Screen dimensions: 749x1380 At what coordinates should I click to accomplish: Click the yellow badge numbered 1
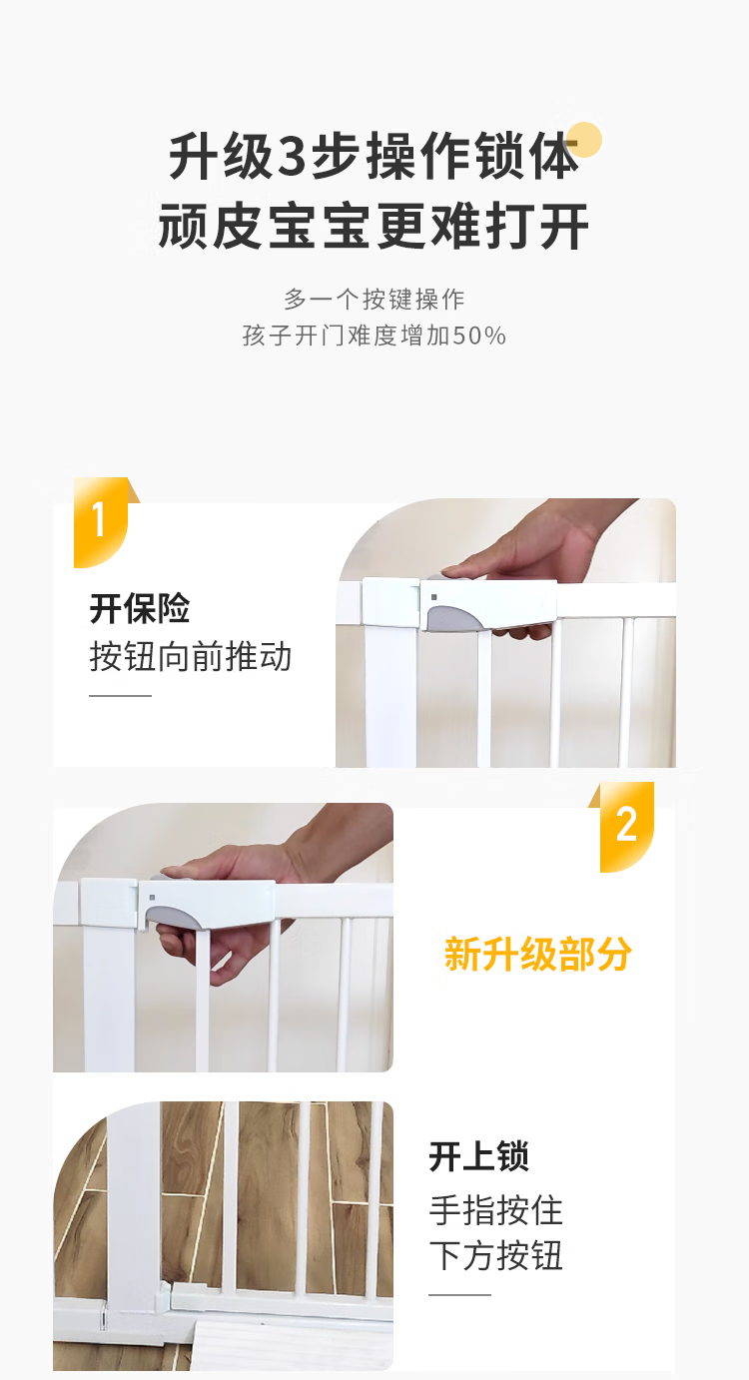tap(101, 521)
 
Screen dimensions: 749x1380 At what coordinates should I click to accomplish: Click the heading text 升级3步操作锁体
tap(374, 156)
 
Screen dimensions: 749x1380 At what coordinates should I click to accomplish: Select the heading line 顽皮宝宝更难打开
tap(374, 226)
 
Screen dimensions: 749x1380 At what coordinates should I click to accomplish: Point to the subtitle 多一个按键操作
tap(374, 300)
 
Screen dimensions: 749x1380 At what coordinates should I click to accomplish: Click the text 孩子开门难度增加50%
tap(374, 336)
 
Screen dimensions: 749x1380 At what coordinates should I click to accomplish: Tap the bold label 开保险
tap(140, 609)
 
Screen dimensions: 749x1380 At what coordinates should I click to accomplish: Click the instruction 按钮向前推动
tap(191, 656)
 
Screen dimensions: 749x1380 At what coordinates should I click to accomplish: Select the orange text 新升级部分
tap(537, 955)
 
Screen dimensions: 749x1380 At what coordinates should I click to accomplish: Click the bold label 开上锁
tap(479, 1156)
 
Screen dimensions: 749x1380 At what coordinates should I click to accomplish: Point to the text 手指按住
tap(496, 1210)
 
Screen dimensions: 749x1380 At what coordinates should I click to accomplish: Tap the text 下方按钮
tap(496, 1256)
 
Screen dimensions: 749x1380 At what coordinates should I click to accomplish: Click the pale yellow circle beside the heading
tap(584, 140)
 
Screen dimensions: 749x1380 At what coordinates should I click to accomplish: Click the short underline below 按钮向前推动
tap(120, 696)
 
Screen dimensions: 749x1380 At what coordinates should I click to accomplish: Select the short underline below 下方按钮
tap(459, 1294)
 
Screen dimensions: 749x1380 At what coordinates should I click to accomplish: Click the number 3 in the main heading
tap(292, 157)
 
